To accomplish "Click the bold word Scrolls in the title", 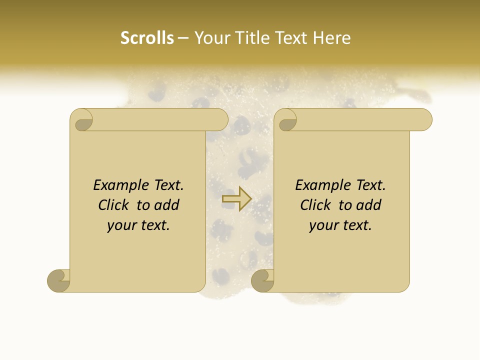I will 147,38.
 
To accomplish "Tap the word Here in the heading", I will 332,38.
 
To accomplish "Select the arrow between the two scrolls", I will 236,199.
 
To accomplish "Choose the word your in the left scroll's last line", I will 121,225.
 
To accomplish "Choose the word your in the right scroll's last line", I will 323,225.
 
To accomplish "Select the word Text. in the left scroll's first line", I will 166,185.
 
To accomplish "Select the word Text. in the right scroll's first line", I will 368,185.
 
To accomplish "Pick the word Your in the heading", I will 211,38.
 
